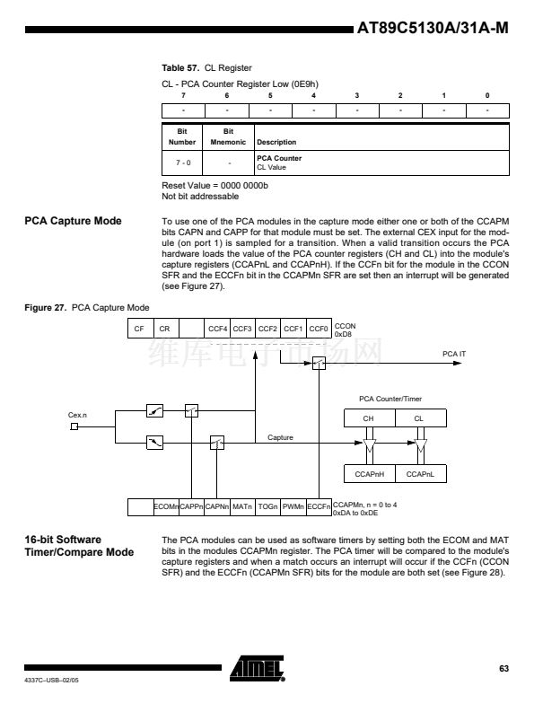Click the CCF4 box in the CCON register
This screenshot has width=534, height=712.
tap(217, 329)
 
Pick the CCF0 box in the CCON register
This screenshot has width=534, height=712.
tap(319, 329)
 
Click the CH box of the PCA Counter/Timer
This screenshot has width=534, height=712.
tap(369, 418)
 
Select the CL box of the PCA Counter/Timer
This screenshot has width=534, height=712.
tap(421, 418)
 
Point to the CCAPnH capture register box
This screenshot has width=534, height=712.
tap(369, 473)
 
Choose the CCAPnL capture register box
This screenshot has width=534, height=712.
tap(421, 473)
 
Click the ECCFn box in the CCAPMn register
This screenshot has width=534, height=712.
tap(319, 506)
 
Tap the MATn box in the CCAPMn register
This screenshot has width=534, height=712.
tap(242, 506)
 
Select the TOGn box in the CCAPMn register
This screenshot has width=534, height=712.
tap(268, 506)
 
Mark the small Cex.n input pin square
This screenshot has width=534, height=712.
tap(74, 426)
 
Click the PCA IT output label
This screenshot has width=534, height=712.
tap(454, 354)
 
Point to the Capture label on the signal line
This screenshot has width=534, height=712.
tap(280, 437)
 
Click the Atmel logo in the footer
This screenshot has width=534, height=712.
tap(257, 668)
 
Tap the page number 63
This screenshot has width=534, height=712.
tap(504, 668)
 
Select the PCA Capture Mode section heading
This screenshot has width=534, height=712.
tap(73, 221)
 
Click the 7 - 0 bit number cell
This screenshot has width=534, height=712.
tap(183, 163)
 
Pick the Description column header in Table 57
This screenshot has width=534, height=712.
tap(276, 142)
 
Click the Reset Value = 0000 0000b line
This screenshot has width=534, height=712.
tap(214, 185)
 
